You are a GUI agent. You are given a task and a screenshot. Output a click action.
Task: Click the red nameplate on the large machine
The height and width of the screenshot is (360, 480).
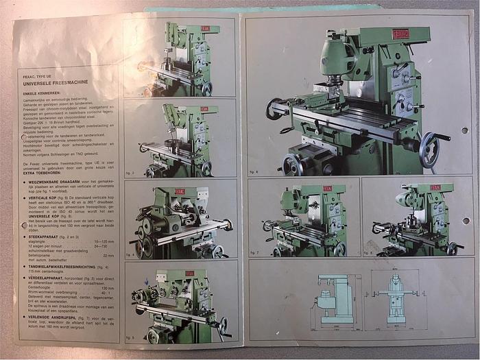401,34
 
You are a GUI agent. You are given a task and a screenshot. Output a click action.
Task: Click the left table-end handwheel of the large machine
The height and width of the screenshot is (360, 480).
274,109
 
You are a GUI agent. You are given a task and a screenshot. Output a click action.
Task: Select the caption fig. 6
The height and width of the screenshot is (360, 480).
254,172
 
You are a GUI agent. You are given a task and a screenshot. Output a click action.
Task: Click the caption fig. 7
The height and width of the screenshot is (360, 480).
254,253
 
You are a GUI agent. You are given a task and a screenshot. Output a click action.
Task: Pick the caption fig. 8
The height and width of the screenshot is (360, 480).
368,253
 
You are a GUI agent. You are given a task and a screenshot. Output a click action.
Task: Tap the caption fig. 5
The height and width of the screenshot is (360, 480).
130,337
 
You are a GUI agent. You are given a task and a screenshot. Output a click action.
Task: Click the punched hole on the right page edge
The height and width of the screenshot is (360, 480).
466,221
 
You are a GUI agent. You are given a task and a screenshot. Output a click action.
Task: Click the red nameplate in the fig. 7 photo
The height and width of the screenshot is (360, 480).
322,188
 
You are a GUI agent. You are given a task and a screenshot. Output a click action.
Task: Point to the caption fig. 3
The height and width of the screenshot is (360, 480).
130,172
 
